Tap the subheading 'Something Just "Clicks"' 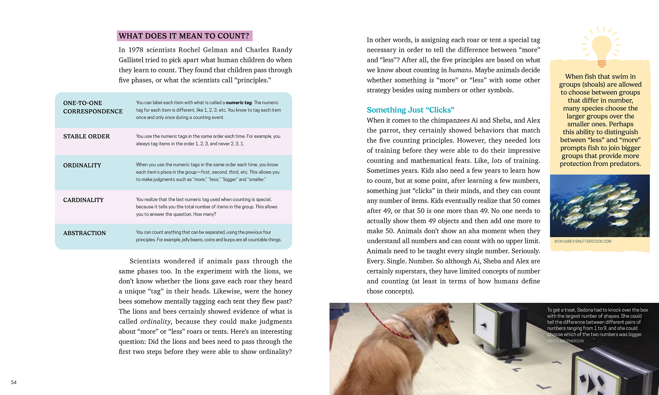pyautogui.click(x=410, y=110)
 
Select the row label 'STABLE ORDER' pyautogui.click(x=86, y=136)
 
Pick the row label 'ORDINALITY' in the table pyautogui.click(x=82, y=165)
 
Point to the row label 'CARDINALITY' pyautogui.click(x=83, y=200)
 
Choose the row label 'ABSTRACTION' pyautogui.click(x=84, y=233)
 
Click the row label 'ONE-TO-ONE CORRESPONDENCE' pyautogui.click(x=93, y=107)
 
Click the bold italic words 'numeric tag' pyautogui.click(x=239, y=103)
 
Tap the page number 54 pyautogui.click(x=13, y=382)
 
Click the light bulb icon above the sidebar pyautogui.click(x=601, y=47)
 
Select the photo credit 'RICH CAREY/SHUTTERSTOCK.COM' pyautogui.click(x=583, y=241)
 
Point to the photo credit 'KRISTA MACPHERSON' pyautogui.click(x=565, y=341)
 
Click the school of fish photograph pyautogui.click(x=600, y=205)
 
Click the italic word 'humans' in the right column pyautogui.click(x=460, y=70)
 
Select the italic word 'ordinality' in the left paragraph pyautogui.click(x=155, y=322)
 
